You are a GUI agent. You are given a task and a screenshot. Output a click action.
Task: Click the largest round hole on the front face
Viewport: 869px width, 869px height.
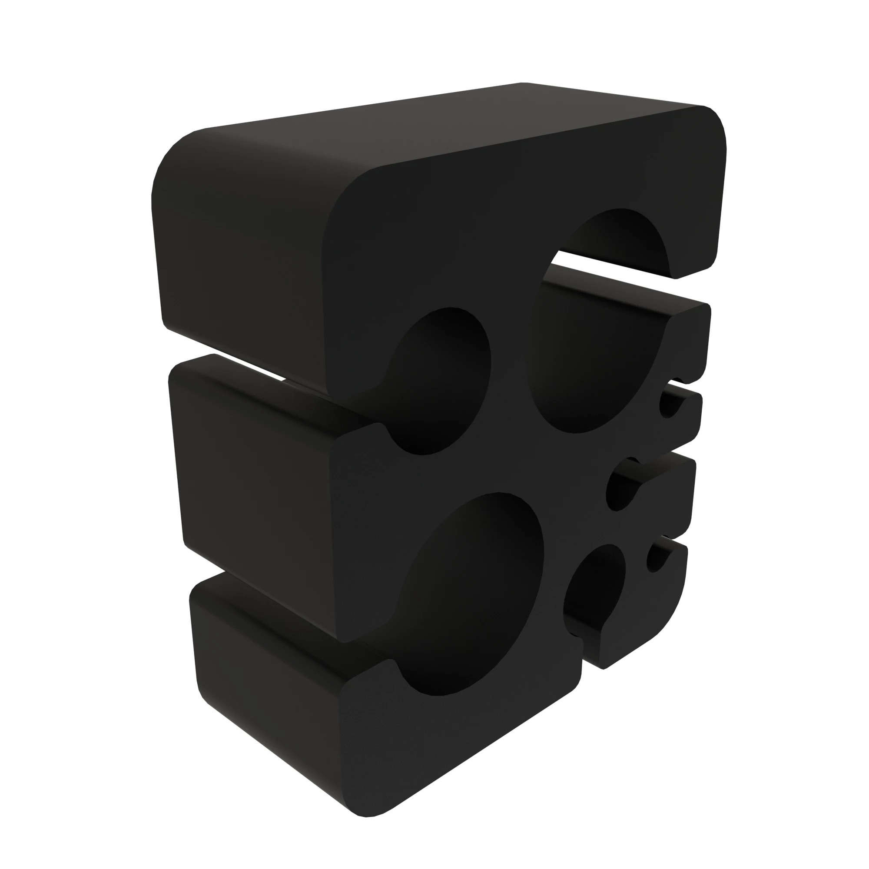(x=472, y=594)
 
